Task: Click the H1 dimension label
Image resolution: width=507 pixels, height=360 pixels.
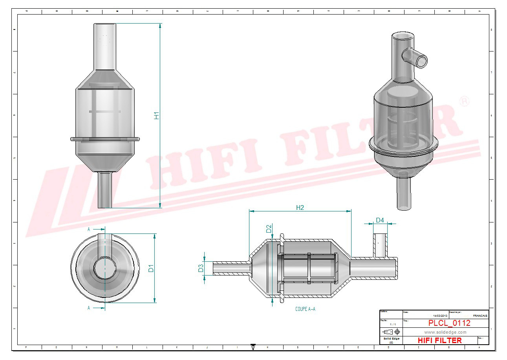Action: coord(156,116)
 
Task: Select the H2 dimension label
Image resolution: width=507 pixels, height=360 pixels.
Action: coord(300,208)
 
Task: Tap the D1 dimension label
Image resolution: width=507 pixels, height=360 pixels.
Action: coord(151,268)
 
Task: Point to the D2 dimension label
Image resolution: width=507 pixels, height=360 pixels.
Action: coord(269,229)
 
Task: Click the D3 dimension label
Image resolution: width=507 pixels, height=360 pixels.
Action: coord(201,268)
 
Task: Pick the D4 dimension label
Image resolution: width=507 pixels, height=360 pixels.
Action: coord(380,220)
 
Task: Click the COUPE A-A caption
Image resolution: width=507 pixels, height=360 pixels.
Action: coord(305,309)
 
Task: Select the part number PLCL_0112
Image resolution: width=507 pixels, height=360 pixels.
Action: coord(449,323)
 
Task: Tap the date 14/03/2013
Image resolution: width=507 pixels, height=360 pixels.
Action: coord(440,316)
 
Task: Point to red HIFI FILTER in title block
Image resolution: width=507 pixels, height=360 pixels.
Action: coord(439,340)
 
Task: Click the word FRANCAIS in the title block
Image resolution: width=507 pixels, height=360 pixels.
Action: coord(480,316)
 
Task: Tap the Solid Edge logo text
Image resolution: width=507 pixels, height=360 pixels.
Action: coord(391,339)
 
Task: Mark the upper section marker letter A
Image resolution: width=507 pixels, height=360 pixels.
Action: coord(89,229)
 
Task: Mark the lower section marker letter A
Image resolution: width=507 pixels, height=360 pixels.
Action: coord(89,308)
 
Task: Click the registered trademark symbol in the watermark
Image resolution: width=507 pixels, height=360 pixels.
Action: coord(464,101)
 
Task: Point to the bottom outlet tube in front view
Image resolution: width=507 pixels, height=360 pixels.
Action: coord(105,190)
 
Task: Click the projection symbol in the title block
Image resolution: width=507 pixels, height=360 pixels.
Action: coord(390,332)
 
